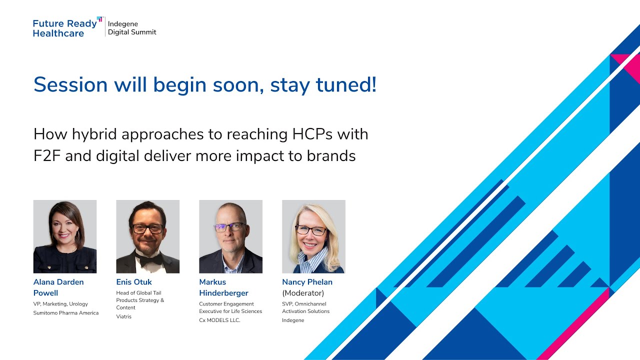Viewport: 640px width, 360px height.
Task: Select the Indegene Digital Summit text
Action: [x=132, y=28]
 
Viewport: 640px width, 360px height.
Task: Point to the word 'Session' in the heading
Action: [x=70, y=85]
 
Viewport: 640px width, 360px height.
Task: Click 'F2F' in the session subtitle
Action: [x=47, y=156]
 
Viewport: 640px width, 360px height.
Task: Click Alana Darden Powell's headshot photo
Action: [x=65, y=236]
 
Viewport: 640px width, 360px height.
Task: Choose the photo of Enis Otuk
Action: [x=147, y=236]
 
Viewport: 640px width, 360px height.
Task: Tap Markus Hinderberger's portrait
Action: [x=230, y=236]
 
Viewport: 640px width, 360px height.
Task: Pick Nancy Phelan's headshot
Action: [x=313, y=236]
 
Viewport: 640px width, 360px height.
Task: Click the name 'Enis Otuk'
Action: [x=134, y=282]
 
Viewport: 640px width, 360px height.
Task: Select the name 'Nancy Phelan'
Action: [x=307, y=282]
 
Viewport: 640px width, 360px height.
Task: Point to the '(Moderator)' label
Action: [x=303, y=293]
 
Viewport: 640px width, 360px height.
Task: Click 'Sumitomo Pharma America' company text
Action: [x=66, y=313]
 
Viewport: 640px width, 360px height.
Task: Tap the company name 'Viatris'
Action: [x=124, y=316]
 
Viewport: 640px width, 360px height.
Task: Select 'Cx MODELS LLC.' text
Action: [x=219, y=320]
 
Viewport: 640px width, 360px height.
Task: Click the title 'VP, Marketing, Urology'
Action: [x=60, y=304]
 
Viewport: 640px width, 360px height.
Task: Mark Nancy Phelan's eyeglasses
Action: [x=311, y=230]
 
